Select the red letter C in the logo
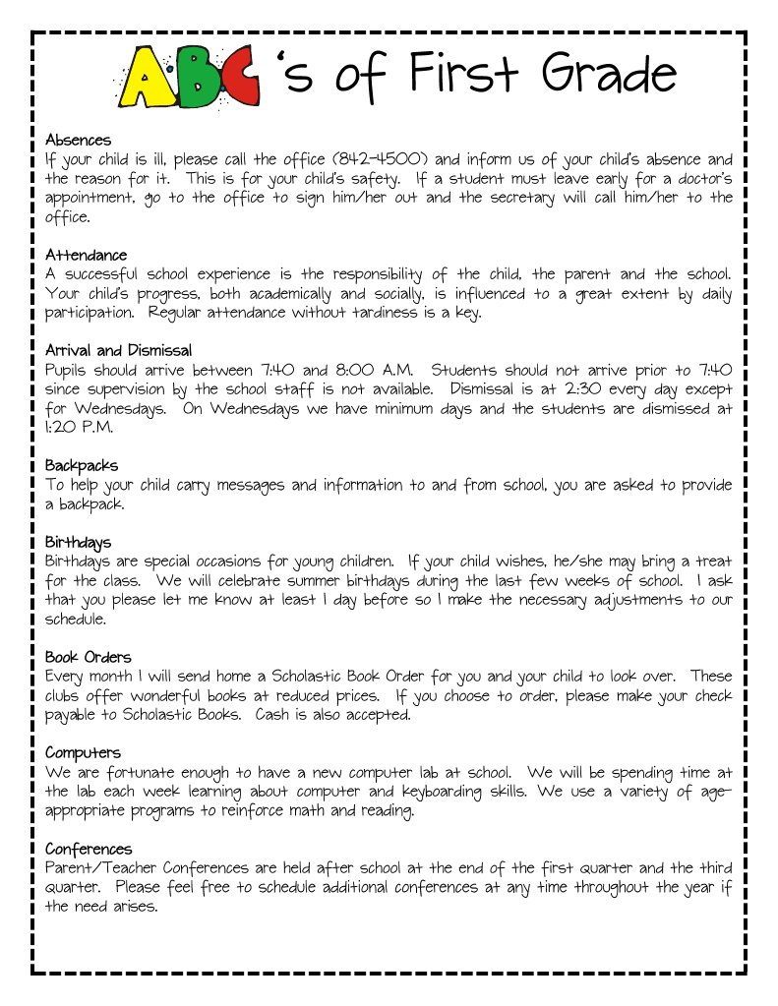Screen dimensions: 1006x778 (242, 77)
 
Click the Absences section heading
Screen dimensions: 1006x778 (78, 140)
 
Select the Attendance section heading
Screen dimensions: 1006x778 (86, 255)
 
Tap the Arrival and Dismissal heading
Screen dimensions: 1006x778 (118, 350)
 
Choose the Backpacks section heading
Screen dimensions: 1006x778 (82, 465)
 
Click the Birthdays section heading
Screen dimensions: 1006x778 (78, 542)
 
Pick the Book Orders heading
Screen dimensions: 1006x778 (88, 657)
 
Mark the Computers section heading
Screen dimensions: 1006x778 (83, 752)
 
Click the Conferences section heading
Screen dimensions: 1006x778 (88, 848)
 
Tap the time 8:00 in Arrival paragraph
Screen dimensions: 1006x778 (357, 370)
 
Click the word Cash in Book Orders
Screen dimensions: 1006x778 (271, 714)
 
